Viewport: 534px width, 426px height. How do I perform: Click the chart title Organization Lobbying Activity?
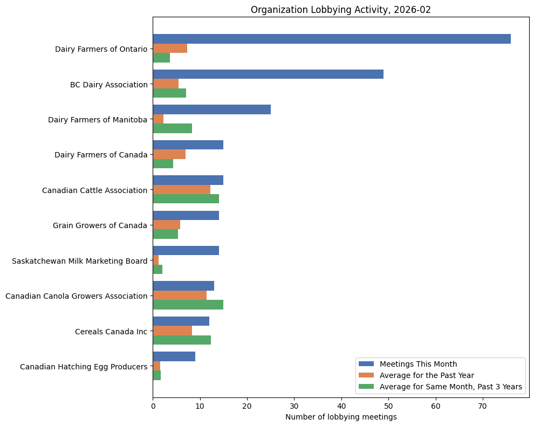coord(341,10)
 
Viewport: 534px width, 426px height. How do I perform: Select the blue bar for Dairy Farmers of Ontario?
coord(332,39)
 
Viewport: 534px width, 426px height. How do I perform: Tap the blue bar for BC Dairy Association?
coord(268,74)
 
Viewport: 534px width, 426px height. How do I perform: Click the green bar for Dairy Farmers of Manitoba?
coord(172,128)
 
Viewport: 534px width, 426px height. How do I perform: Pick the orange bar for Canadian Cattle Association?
coord(181,189)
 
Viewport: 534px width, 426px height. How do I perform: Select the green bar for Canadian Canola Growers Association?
coord(188,305)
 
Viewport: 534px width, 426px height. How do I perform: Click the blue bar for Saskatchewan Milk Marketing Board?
coord(186,250)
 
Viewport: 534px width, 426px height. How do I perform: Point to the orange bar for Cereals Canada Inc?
coord(172,331)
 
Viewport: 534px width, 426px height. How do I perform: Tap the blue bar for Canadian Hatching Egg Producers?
coord(174,356)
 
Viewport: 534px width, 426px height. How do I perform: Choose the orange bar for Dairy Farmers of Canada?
coord(169,154)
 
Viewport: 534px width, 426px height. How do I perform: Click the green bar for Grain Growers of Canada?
coord(165,234)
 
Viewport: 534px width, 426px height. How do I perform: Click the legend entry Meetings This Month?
coord(418,363)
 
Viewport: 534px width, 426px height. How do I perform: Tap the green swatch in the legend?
coord(366,387)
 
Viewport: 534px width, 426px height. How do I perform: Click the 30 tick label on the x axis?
coord(294,405)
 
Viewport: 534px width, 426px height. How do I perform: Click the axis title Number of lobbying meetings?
coord(341,417)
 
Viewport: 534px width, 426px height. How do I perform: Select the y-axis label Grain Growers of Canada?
coord(100,225)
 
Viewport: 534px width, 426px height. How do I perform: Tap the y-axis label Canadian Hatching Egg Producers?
coord(84,367)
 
